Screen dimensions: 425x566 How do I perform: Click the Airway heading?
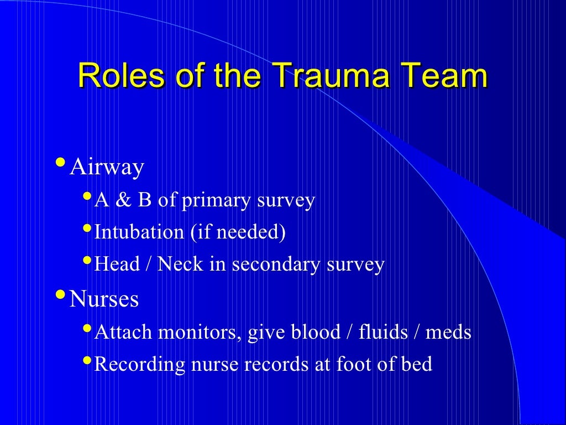107,167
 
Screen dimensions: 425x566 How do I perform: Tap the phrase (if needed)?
238,232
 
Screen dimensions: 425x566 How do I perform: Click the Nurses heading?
104,299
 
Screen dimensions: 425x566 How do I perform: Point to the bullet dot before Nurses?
60,296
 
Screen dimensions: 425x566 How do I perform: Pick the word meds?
448,332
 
